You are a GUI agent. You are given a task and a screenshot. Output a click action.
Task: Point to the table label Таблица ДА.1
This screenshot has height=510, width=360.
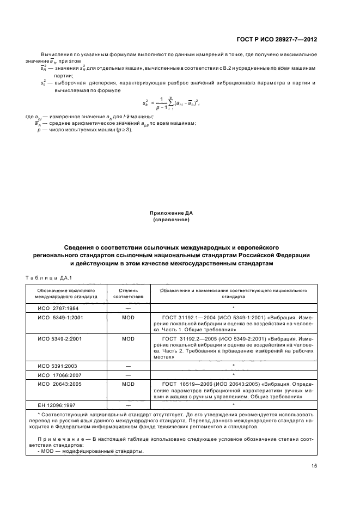click(x=48, y=278)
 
